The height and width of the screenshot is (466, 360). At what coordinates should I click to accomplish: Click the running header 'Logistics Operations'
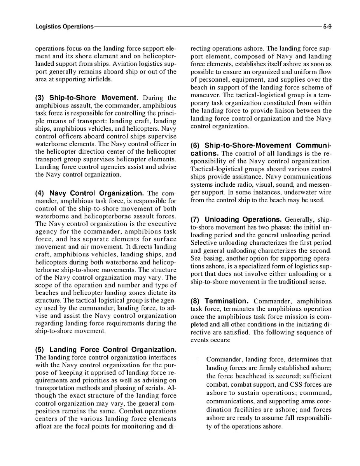coord(64,27)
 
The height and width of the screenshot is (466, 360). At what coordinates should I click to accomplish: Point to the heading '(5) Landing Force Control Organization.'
coord(106,349)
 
